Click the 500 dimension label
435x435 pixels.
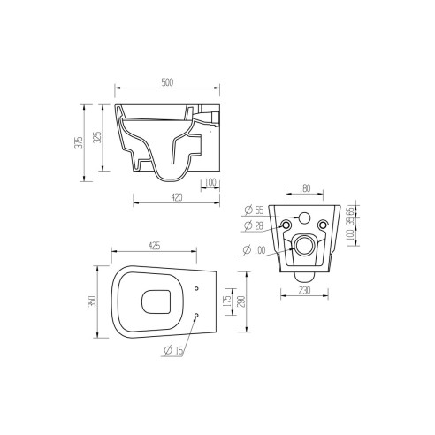pyautogui.click(x=167, y=82)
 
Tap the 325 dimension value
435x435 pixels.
pyautogui.click(x=98, y=138)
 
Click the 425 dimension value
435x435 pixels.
pyautogui.click(x=154, y=246)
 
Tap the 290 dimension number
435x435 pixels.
pyautogui.click(x=240, y=301)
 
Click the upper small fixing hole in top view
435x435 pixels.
pyautogui.click(x=195, y=286)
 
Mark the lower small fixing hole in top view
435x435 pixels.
pyautogui.click(x=195, y=317)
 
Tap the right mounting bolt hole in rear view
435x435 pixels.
pyautogui.click(x=324, y=227)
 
